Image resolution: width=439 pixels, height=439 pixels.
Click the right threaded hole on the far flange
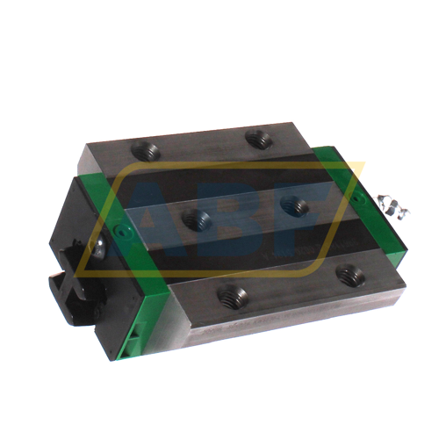257,137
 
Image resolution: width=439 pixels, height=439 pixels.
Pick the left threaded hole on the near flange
234,298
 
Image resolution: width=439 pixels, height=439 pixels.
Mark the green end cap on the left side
132,255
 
